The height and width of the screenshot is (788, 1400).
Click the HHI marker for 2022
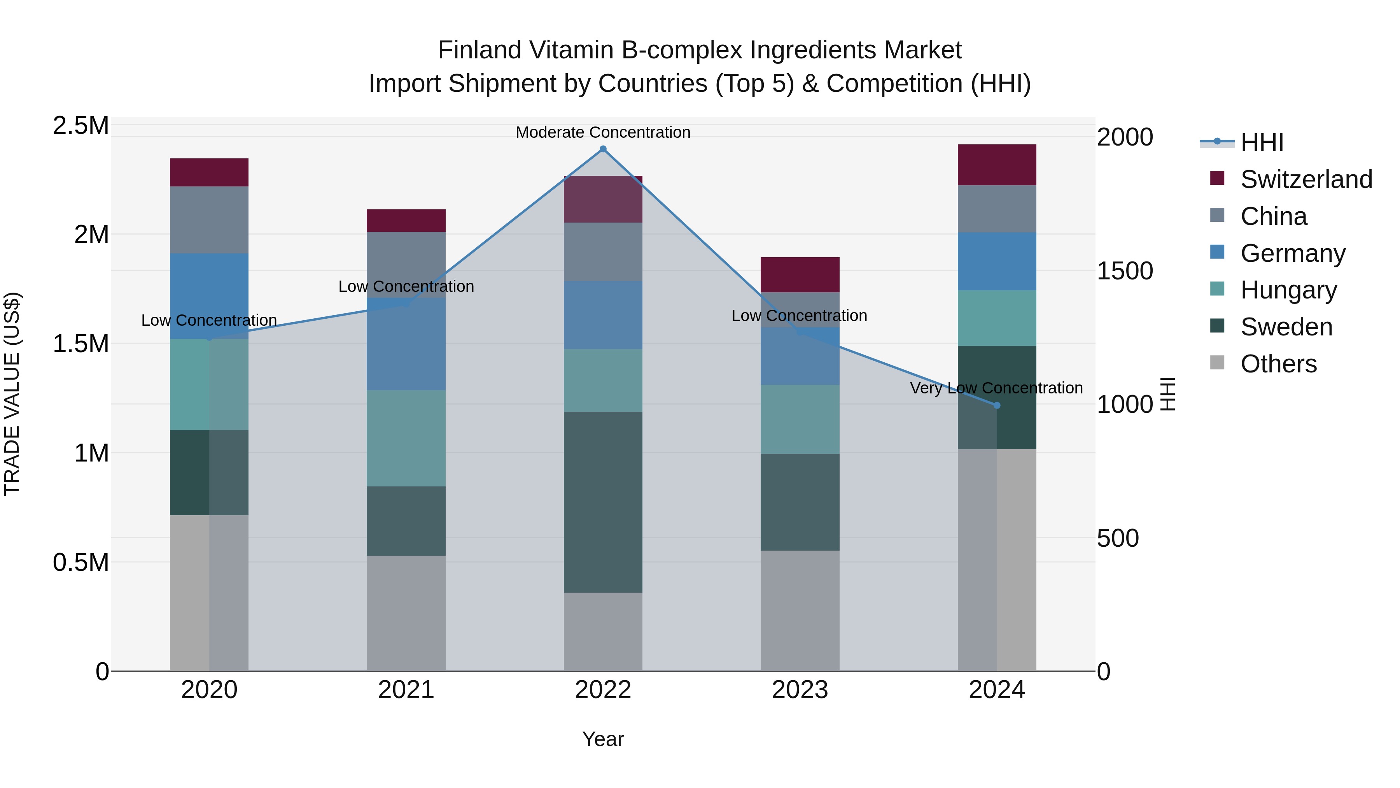603,149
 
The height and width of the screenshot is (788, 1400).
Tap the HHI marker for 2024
997,405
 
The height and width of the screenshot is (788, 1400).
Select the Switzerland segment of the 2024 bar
997,165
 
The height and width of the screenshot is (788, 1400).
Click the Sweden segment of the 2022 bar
603,502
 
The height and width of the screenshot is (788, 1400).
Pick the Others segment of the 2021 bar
406,613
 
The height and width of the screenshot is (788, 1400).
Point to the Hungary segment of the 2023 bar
800,419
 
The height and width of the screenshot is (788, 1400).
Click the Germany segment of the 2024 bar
997,261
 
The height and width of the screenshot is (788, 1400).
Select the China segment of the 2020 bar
209,220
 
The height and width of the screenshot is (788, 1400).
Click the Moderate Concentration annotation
603,132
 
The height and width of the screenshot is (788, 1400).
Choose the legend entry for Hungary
1288,290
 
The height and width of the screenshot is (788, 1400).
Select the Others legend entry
1278,363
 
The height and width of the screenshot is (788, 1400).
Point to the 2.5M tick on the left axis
80,126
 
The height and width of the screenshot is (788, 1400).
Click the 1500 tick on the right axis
1124,271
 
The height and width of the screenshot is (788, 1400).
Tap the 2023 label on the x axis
800,690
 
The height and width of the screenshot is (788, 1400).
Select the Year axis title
603,739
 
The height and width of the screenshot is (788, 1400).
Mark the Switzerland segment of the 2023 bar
800,275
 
